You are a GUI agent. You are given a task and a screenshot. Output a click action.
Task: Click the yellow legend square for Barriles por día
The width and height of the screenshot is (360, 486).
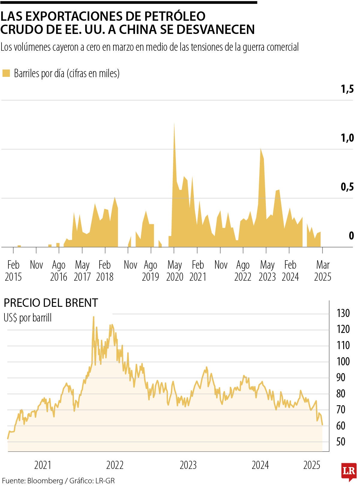pyautogui.click(x=6, y=73)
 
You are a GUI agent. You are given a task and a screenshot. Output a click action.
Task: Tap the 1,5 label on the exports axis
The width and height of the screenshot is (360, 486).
pyautogui.click(x=347, y=89)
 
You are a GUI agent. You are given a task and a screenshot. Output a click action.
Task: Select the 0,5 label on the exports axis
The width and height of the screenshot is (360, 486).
pyautogui.click(x=347, y=187)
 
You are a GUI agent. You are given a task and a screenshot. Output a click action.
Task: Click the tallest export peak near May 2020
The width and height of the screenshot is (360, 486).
pyautogui.click(x=174, y=124)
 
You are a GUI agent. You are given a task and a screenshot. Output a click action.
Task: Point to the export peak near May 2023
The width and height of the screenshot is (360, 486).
pyautogui.click(x=261, y=149)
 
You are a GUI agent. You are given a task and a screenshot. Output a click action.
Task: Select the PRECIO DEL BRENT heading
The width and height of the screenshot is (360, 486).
pyautogui.click(x=51, y=303)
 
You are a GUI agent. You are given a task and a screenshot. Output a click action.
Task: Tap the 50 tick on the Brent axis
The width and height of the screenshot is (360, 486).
pyautogui.click(x=341, y=442)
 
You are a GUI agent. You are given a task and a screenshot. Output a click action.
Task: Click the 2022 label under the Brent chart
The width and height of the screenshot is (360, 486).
pyautogui.click(x=115, y=465)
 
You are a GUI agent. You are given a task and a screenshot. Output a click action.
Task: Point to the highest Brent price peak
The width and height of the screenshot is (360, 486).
pyautogui.click(x=94, y=317)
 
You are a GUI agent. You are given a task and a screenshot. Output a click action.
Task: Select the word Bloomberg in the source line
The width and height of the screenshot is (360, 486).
pyautogui.click(x=45, y=481)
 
